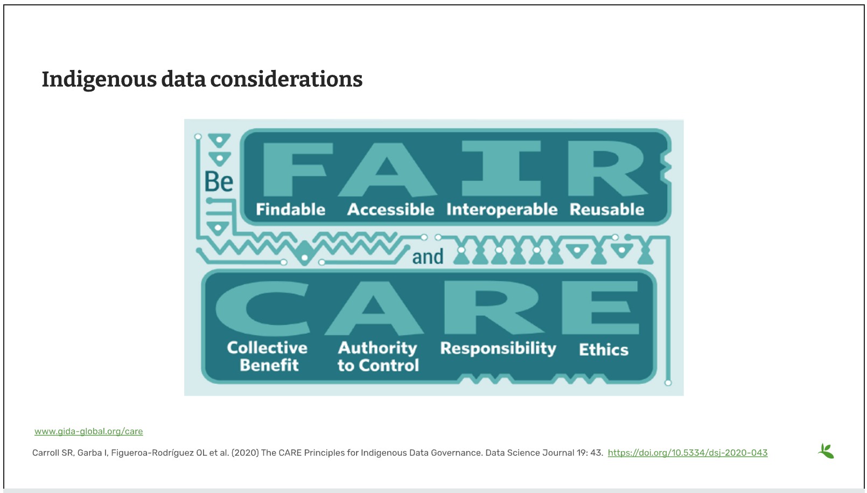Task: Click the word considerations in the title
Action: [286, 79]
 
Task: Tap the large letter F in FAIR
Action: [298, 169]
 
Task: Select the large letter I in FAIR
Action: [501, 168]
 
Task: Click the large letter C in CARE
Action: [263, 308]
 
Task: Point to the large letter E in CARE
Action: [600, 308]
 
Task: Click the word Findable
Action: [290, 209]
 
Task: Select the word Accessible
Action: [390, 209]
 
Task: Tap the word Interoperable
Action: [502, 210]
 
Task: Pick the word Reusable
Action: [607, 209]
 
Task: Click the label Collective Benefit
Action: [268, 356]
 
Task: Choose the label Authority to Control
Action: [378, 356]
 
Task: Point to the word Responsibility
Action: [498, 348]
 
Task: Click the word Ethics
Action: [604, 350]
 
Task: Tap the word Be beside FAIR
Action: [219, 181]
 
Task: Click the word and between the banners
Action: [428, 257]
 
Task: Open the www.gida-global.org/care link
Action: [89, 431]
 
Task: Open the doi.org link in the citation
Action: [687, 453]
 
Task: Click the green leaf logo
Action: [826, 451]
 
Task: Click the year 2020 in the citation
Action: [245, 453]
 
